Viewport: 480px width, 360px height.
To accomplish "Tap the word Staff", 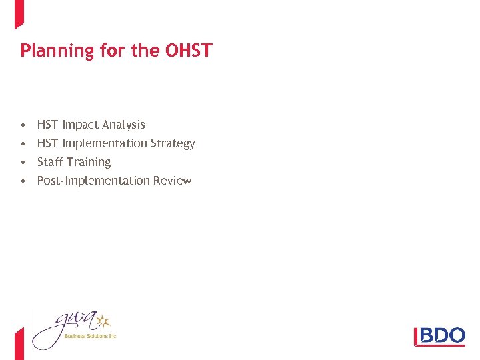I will tap(50, 162).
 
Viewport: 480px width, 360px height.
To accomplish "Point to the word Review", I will tap(172, 181).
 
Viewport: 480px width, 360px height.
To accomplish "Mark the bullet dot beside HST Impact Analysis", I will tap(23, 125).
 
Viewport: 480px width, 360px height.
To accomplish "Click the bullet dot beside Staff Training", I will tap(23, 162).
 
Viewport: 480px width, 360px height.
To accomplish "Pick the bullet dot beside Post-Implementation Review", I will tap(23, 181).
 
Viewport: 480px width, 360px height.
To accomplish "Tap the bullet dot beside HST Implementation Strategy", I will tap(23, 143).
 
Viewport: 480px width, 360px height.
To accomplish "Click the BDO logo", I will tap(439, 336).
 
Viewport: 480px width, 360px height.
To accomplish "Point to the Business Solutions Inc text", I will tap(90, 337).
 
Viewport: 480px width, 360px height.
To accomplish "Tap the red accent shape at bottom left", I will tap(19, 344).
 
